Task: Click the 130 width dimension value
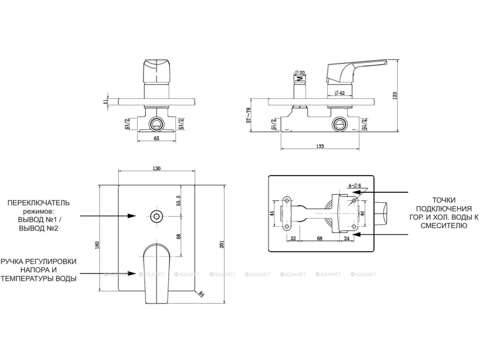click(x=156, y=168)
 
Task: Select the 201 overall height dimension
click(x=222, y=244)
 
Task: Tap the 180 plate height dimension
click(x=97, y=245)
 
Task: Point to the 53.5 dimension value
click(x=179, y=201)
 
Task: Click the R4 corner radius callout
click(x=201, y=294)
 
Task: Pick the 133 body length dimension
click(x=320, y=146)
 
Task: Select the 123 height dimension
click(x=395, y=96)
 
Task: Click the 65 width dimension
click(x=156, y=138)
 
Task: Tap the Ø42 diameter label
click(x=340, y=93)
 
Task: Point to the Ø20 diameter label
click(x=299, y=73)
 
